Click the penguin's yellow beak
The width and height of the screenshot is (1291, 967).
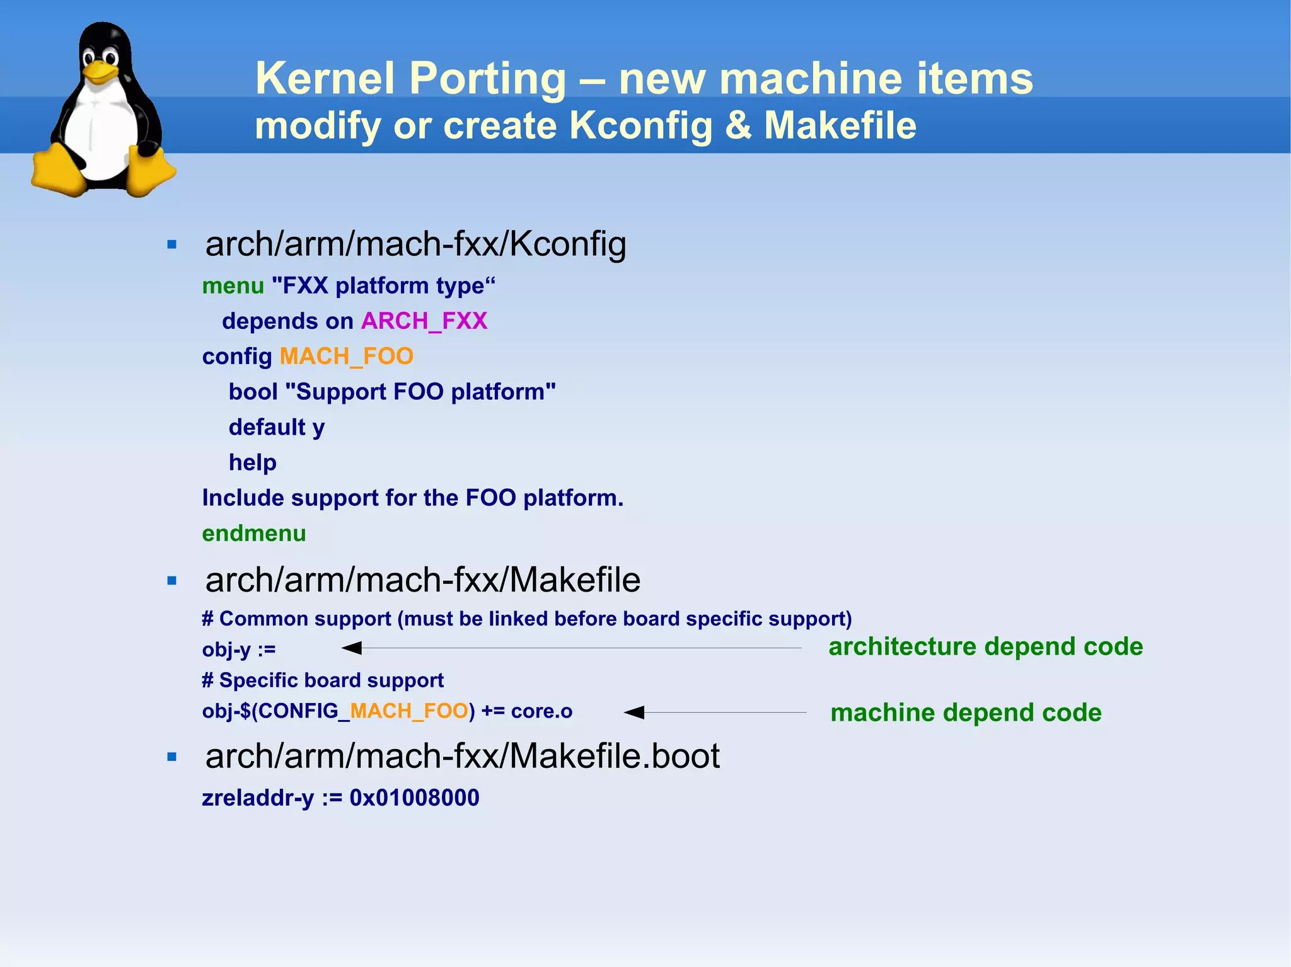click(99, 70)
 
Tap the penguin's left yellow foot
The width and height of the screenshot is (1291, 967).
click(57, 171)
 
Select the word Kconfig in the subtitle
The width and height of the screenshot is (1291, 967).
click(640, 125)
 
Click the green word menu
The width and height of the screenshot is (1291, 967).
click(233, 286)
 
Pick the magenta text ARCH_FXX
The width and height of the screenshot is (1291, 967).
click(424, 321)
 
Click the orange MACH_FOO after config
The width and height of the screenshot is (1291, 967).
click(346, 357)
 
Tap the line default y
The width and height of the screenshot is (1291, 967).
click(277, 428)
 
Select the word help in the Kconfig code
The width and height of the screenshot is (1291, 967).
click(253, 463)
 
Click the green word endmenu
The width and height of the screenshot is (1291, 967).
click(254, 534)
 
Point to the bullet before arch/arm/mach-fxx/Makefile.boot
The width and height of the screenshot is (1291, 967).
click(171, 757)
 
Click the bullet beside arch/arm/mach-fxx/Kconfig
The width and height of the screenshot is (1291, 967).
click(171, 244)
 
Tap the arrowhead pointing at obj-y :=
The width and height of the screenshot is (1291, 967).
click(352, 648)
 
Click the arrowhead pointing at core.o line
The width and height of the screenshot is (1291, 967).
click(634, 712)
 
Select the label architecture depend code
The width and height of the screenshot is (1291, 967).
click(985, 647)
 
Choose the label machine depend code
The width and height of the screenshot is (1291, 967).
click(966, 713)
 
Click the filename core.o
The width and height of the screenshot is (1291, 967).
click(541, 711)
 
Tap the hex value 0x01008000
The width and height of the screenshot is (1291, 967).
click(414, 798)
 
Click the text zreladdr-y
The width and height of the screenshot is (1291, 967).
click(258, 798)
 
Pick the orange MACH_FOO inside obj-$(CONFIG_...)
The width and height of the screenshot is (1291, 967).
click(408, 711)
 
